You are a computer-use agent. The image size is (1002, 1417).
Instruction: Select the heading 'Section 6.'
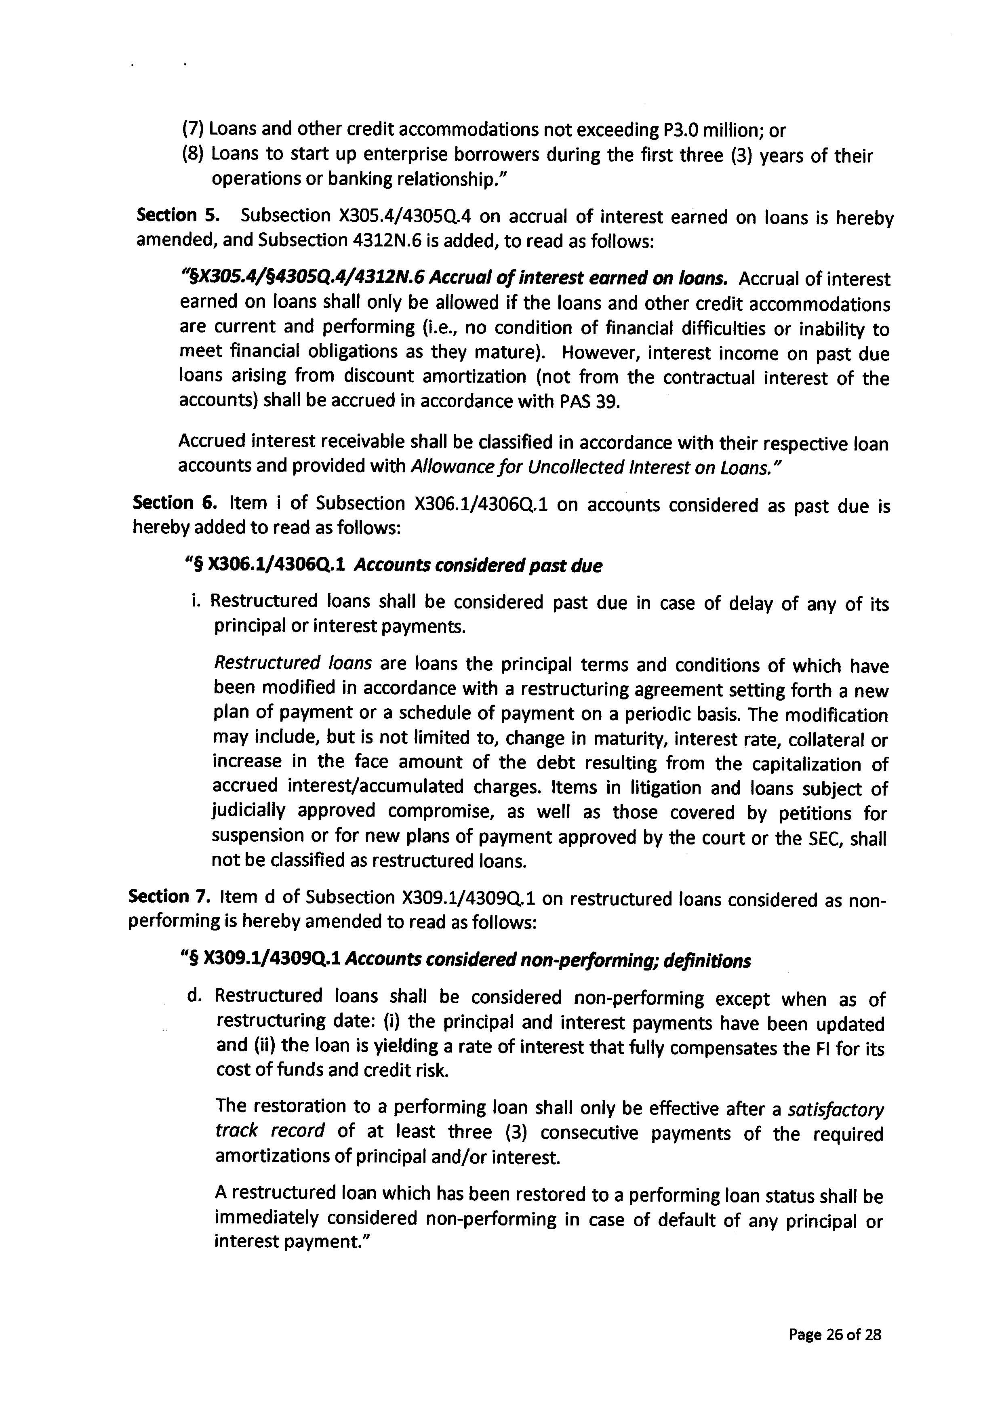175,503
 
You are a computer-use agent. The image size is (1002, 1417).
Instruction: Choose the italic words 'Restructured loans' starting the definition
293,663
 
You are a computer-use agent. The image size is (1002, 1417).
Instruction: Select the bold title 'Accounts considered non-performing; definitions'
547,960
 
